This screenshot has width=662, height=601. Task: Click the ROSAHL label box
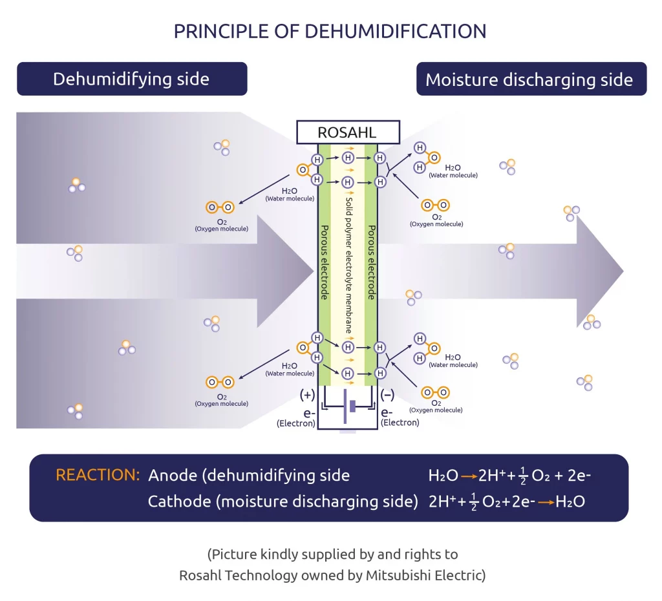pos(347,133)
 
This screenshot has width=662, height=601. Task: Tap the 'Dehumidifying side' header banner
pos(131,79)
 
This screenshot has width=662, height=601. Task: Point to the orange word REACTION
pos(98,475)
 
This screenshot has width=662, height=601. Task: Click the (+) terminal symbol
pos(307,395)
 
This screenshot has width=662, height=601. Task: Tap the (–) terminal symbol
pos(388,395)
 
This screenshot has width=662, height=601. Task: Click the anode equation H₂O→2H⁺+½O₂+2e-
pos(509,476)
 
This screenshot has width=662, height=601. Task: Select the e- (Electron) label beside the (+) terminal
pos(296,417)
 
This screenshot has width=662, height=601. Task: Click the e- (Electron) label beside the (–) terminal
pos(400,417)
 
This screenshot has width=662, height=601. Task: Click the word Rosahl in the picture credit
pos(202,575)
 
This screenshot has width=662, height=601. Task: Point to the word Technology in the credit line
pos(264,575)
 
